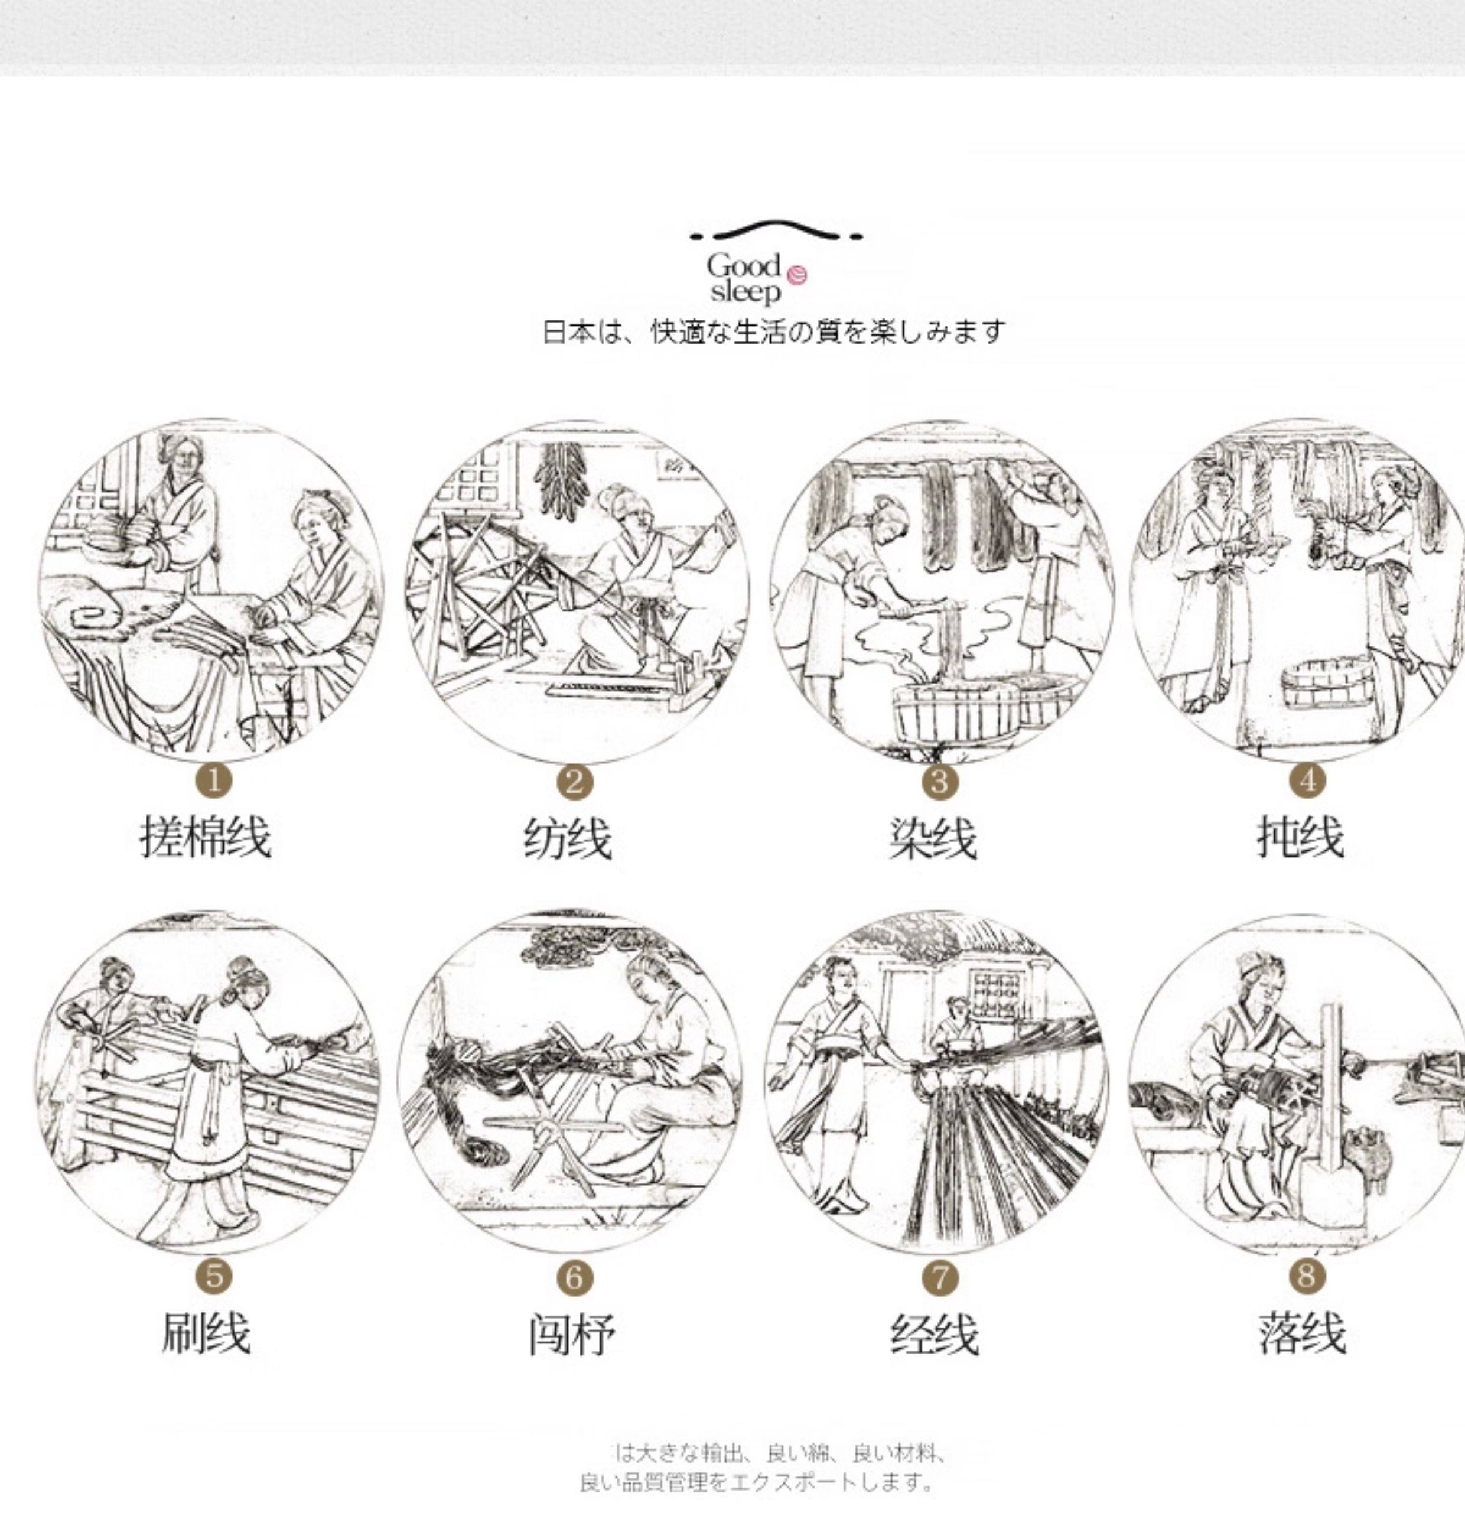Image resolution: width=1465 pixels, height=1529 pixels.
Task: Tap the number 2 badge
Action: tap(574, 781)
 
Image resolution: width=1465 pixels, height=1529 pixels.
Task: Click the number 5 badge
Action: tap(214, 1276)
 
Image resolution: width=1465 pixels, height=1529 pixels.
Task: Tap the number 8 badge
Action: tap(1307, 1276)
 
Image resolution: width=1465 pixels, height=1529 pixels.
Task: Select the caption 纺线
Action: tap(567, 838)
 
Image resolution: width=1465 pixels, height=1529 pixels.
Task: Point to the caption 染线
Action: tap(933, 838)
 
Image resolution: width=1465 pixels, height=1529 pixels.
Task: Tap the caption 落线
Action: tap(1302, 1333)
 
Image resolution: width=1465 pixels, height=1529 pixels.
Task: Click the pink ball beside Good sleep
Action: tap(796, 275)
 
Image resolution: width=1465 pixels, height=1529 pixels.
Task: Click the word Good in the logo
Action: tap(743, 265)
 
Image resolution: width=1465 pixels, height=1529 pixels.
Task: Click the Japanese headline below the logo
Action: tap(774, 331)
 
